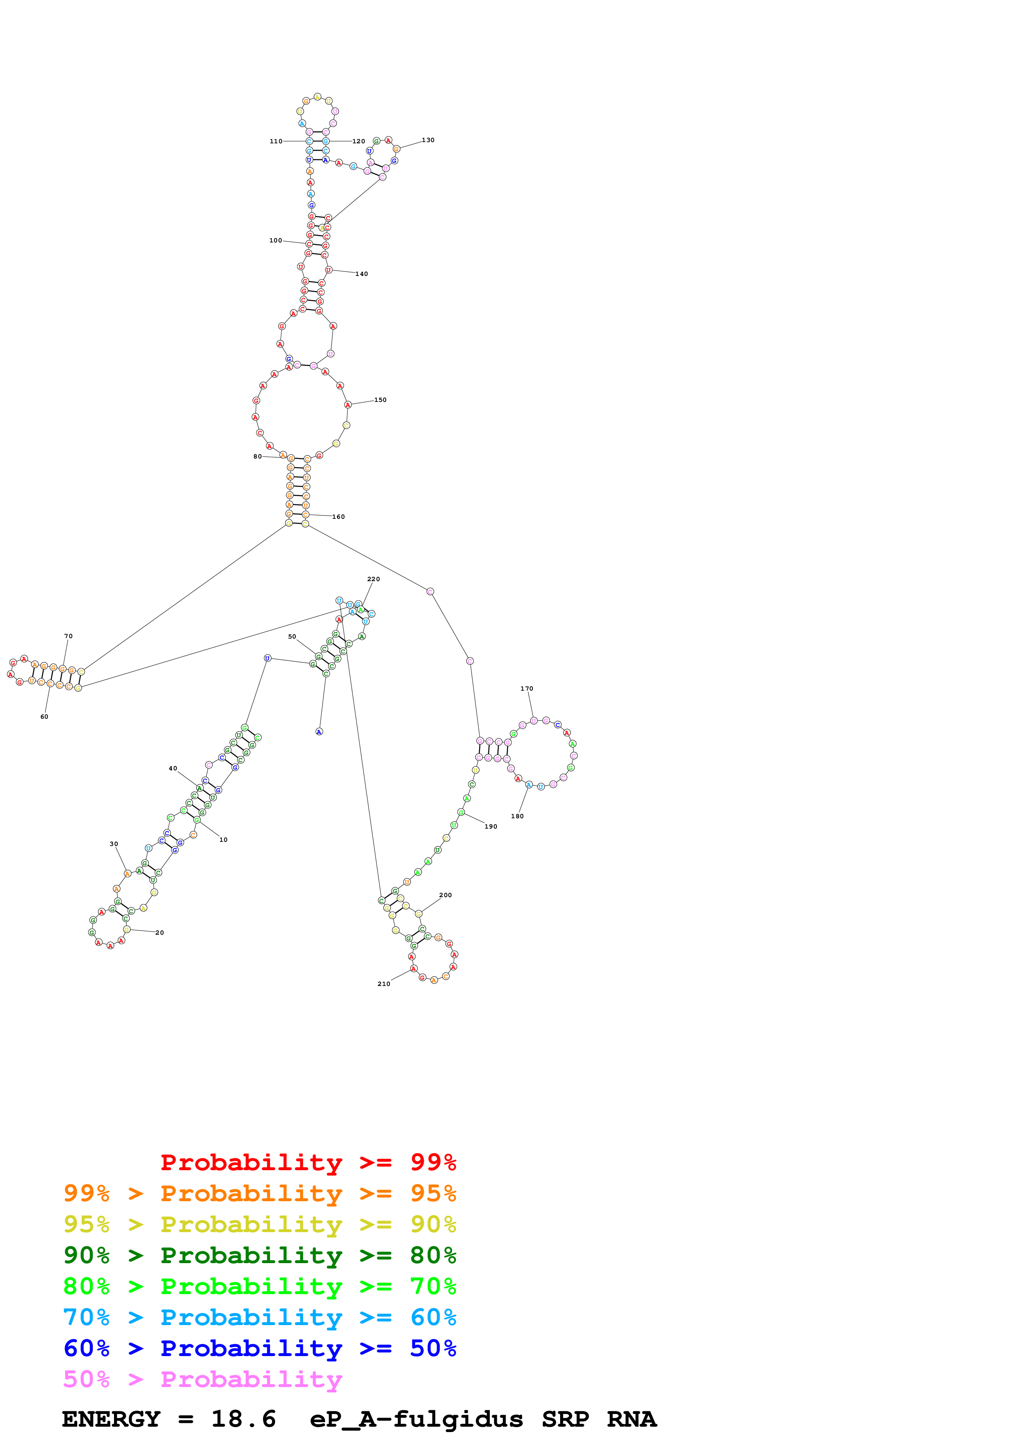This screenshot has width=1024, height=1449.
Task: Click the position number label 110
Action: [276, 141]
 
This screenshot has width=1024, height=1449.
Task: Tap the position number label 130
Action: [428, 140]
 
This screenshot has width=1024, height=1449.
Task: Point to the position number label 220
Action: [373, 579]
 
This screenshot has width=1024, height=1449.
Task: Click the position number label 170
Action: [527, 689]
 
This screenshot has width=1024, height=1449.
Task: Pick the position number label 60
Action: [44, 716]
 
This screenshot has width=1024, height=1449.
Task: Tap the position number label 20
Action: [159, 932]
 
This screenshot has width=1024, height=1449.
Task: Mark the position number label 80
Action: [257, 456]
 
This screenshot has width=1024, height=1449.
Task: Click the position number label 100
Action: [276, 240]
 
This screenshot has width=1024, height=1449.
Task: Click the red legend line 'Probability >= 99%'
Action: [308, 1162]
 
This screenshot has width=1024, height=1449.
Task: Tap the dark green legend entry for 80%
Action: [259, 1255]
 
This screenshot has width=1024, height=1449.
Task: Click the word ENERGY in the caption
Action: [111, 1419]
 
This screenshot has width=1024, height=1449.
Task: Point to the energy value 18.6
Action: [244, 1419]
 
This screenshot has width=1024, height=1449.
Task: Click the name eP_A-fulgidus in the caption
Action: [416, 1419]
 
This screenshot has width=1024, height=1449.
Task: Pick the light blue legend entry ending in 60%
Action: [259, 1317]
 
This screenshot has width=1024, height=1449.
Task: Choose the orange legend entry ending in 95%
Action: [259, 1193]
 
